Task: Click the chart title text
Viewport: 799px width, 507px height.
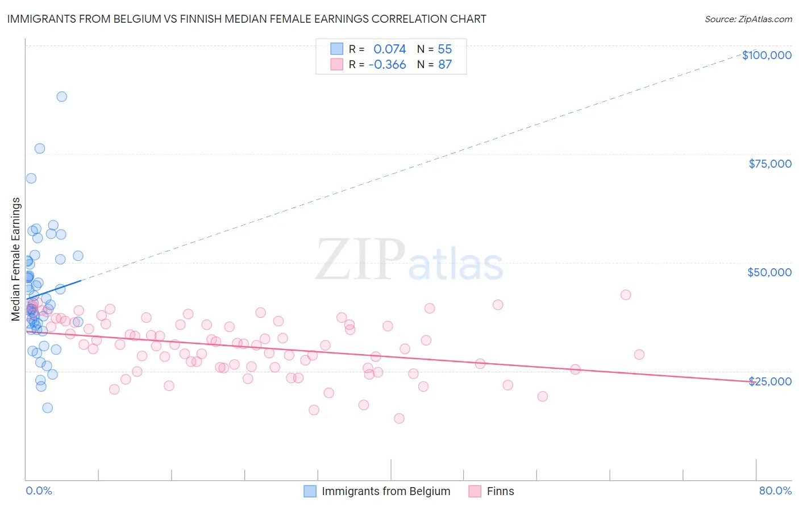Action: tap(247, 19)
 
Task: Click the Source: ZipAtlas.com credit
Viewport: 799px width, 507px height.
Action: tap(748, 19)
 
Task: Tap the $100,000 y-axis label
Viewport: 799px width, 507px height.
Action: tap(767, 55)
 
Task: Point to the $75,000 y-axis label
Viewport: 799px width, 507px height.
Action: tap(770, 164)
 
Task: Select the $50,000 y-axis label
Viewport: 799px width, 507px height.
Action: tap(769, 272)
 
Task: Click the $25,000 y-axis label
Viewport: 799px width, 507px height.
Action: tap(770, 381)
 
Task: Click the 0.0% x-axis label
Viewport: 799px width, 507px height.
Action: tap(39, 491)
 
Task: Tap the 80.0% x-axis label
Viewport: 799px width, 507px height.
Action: tap(775, 491)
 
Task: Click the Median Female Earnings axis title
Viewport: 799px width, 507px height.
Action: tap(16, 259)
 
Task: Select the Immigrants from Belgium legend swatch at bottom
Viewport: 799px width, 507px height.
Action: tap(310, 491)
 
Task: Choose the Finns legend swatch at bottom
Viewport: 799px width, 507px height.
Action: tap(475, 491)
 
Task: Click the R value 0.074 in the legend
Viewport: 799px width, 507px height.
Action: tap(389, 49)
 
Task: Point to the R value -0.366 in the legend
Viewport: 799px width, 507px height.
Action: tap(387, 64)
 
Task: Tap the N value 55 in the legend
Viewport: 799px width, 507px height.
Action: tap(445, 49)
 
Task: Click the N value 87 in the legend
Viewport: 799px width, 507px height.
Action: tap(445, 64)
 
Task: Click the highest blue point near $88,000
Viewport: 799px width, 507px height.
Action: tap(61, 97)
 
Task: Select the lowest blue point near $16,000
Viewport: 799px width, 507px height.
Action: tap(48, 408)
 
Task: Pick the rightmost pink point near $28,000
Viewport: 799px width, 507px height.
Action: tap(639, 355)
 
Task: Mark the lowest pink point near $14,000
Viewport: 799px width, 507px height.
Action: tap(399, 418)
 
